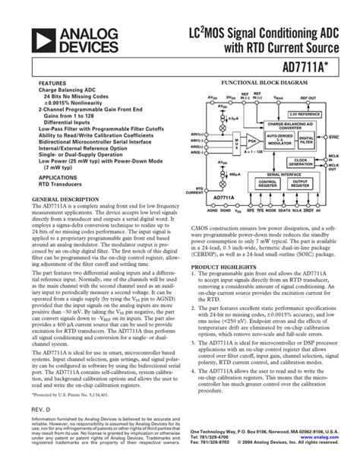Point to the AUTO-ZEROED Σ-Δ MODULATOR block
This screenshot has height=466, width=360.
coord(275,138)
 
